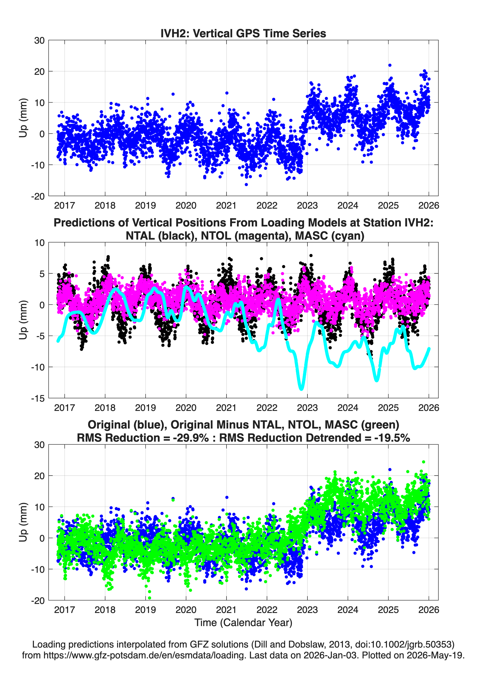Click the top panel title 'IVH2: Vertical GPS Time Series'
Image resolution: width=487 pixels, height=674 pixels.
243,33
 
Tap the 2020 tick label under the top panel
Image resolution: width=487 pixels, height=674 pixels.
186,205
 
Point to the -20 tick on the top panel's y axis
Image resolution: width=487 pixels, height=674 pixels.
38,196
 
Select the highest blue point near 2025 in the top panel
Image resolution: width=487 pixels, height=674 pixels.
390,65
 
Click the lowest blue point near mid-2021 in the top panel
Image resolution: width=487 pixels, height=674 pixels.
246,184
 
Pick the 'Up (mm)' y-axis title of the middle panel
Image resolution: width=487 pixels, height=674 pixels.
23,320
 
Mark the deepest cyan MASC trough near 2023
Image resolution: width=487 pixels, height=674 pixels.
301,388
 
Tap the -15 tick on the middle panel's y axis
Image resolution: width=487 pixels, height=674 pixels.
38,398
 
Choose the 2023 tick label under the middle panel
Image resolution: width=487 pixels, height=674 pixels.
307,408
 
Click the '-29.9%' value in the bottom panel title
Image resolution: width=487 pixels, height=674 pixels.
191,438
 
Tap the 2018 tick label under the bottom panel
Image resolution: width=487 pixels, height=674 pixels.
105,610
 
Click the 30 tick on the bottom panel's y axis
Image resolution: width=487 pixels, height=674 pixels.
40,445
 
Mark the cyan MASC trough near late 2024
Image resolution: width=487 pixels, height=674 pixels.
377,380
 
